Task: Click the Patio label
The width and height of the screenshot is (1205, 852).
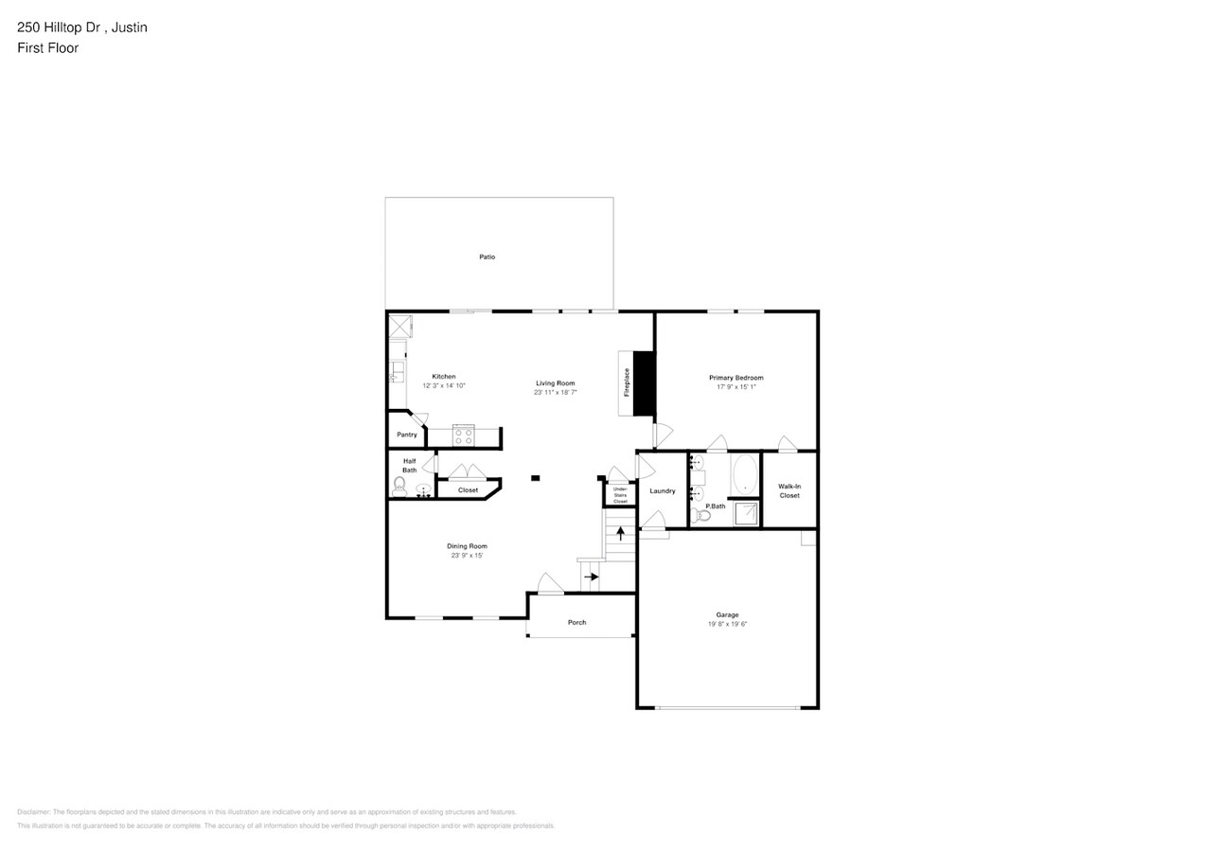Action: click(487, 257)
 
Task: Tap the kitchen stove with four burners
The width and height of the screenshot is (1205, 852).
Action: click(463, 435)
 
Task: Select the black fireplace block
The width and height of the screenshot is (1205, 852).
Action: click(644, 383)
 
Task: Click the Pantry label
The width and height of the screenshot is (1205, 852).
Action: click(407, 435)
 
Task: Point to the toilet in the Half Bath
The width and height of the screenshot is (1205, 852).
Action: click(399, 487)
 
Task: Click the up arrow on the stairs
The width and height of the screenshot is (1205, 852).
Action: click(620, 532)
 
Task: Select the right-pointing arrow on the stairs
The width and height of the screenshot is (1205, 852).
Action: click(592, 577)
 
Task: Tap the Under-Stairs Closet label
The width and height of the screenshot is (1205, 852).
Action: click(620, 495)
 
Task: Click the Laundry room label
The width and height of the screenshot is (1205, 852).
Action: click(663, 490)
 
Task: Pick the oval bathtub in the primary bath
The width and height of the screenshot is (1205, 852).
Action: click(745, 473)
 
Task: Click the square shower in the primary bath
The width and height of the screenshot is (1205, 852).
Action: click(746, 513)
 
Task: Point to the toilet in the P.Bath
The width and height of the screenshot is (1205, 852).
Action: click(701, 514)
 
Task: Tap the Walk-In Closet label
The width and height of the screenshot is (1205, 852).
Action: click(789, 490)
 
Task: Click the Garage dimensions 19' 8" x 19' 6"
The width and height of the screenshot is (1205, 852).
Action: click(727, 624)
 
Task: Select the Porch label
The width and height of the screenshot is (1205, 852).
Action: click(576, 622)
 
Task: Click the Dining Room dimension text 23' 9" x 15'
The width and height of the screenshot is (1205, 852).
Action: click(467, 556)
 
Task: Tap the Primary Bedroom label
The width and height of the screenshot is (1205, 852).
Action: click(735, 378)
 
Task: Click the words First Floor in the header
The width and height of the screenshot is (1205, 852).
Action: click(47, 47)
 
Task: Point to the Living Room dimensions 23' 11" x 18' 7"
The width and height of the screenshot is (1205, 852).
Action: click(556, 392)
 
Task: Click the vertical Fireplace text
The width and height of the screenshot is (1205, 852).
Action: click(626, 382)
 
